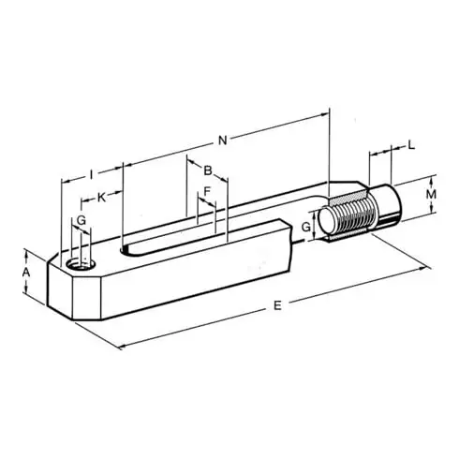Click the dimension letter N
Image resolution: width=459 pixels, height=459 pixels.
click(222, 141)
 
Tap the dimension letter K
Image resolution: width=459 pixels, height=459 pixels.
click(100, 199)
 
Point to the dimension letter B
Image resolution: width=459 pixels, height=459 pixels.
click(208, 170)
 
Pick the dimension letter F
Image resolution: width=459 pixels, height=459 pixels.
click(207, 192)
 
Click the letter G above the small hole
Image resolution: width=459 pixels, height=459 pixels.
click(81, 219)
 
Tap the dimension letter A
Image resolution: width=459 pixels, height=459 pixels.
click(26, 272)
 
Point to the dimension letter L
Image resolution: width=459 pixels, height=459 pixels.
click(412, 146)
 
